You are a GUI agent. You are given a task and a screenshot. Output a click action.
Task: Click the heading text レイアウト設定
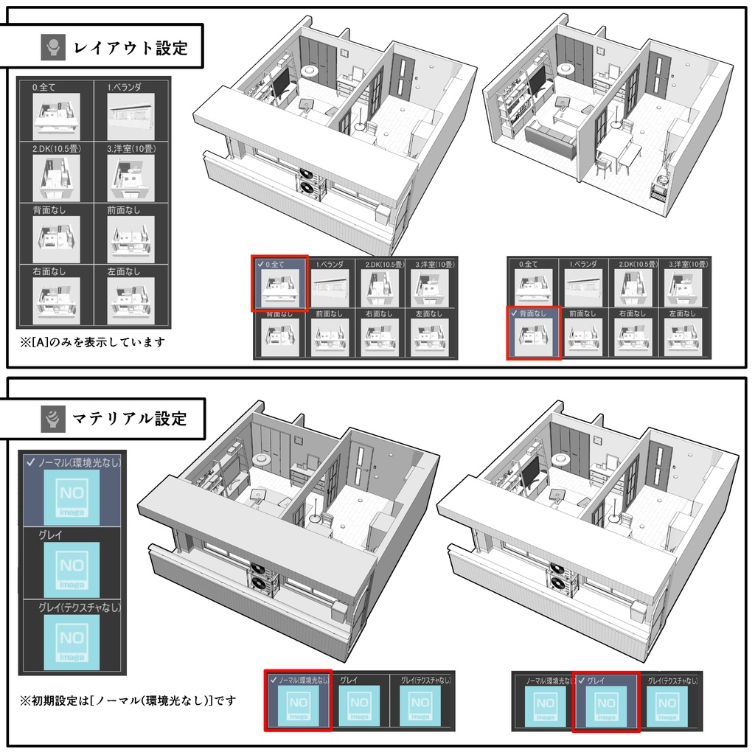pyautogui.click(x=131, y=49)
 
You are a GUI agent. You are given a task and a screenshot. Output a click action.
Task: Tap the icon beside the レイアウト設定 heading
pyautogui.click(x=53, y=49)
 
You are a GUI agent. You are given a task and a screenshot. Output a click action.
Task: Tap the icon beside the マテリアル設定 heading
pyautogui.click(x=53, y=419)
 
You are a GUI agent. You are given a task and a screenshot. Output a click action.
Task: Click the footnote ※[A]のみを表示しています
pyautogui.click(x=93, y=342)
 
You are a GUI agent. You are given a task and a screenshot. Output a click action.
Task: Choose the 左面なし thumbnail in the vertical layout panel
pyautogui.click(x=131, y=301)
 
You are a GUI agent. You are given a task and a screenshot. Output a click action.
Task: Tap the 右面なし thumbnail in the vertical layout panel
pyautogui.click(x=56, y=301)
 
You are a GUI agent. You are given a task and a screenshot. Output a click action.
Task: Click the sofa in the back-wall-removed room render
pyautogui.click(x=549, y=141)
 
